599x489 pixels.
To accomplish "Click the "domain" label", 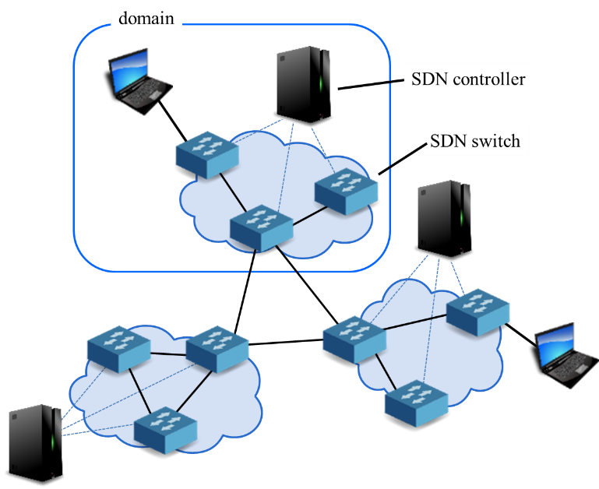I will pos(146,17).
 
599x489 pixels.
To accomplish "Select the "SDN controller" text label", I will pos(467,79).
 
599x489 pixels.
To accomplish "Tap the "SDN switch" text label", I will pos(475,141).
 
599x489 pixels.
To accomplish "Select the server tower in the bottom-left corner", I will pos(35,442).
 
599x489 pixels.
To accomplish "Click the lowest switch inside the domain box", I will pos(261,227).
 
